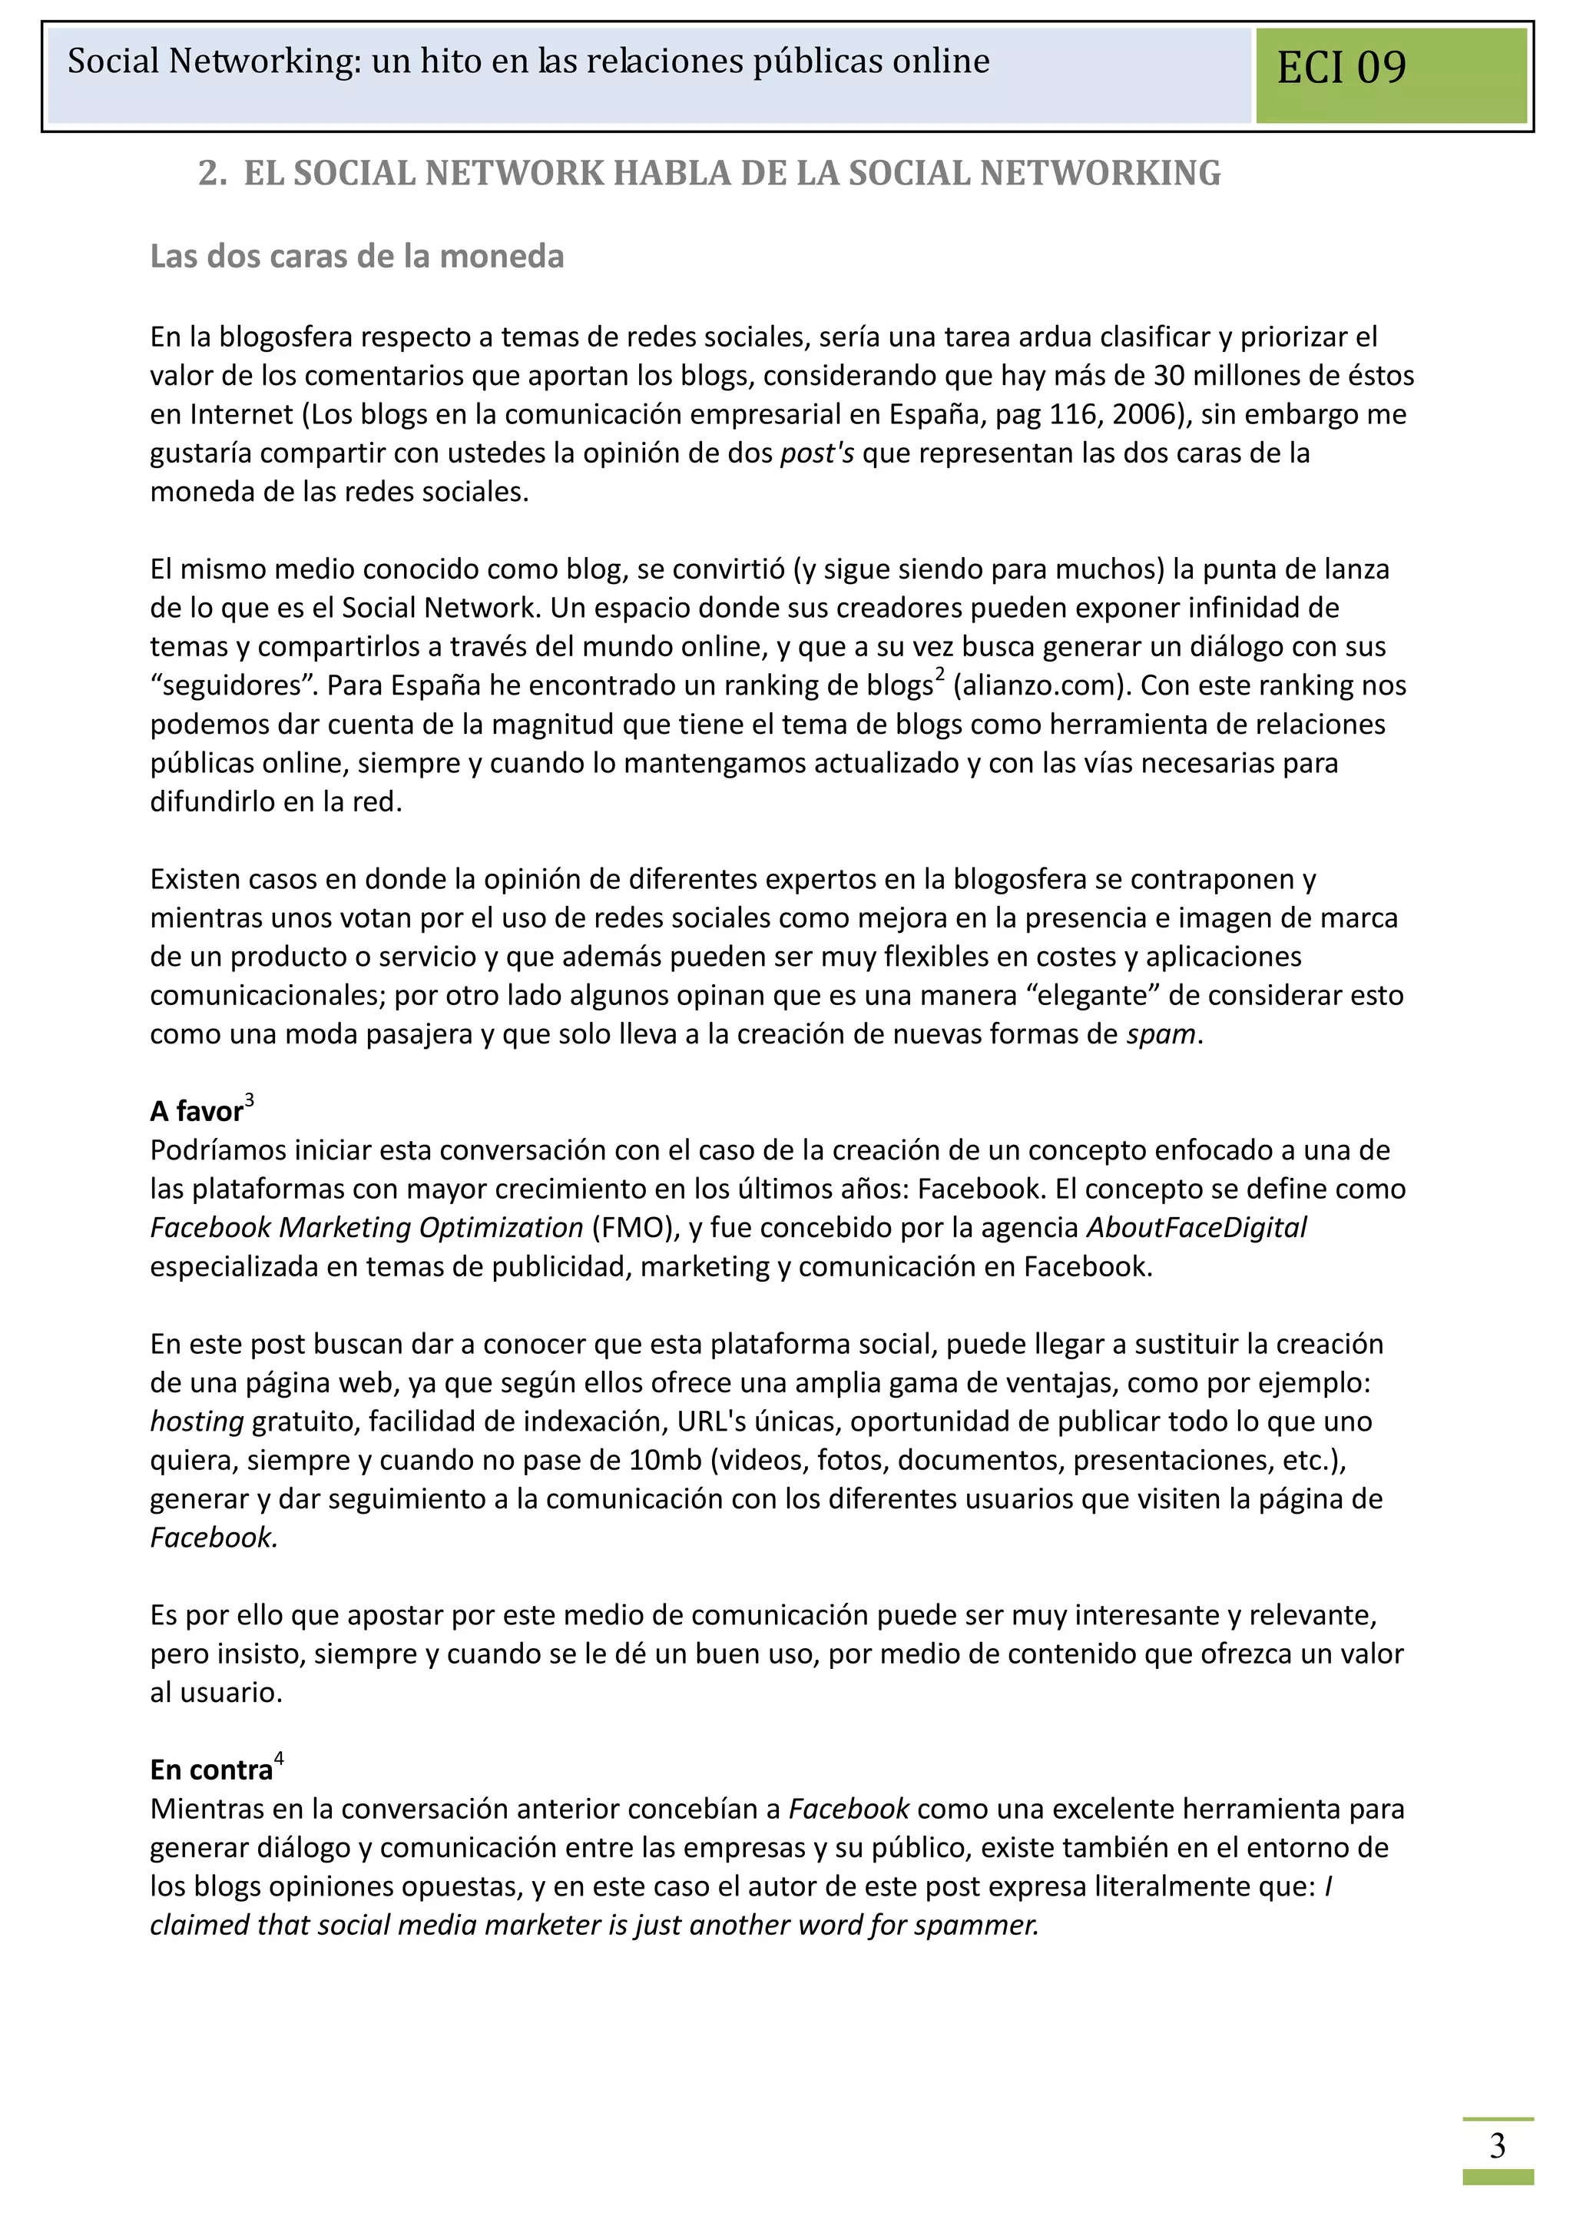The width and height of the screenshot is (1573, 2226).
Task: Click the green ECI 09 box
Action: point(1390,75)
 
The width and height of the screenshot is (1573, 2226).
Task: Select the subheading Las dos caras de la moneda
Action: point(356,257)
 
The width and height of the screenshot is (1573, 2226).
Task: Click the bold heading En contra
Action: point(211,1771)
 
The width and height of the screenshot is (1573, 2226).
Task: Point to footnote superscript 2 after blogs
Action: point(939,675)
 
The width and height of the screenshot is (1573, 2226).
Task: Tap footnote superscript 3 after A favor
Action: point(250,1100)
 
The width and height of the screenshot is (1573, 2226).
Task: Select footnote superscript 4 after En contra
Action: point(279,1760)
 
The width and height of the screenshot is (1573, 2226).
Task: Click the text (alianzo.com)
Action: point(1042,685)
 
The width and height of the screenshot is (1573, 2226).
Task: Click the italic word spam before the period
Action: point(1160,1034)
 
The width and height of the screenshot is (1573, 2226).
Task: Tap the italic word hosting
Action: point(197,1422)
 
